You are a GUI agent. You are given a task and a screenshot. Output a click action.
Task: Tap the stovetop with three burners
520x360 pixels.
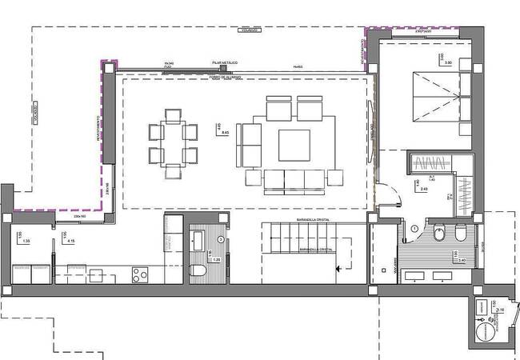(x=141, y=274)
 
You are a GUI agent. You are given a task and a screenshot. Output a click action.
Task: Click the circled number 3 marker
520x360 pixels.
(x=221, y=239)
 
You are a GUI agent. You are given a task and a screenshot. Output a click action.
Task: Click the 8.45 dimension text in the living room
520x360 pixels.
(x=225, y=133)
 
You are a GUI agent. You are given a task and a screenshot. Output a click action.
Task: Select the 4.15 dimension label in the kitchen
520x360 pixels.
(x=72, y=240)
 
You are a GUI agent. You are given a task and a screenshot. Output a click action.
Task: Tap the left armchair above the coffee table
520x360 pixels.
(x=278, y=108)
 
